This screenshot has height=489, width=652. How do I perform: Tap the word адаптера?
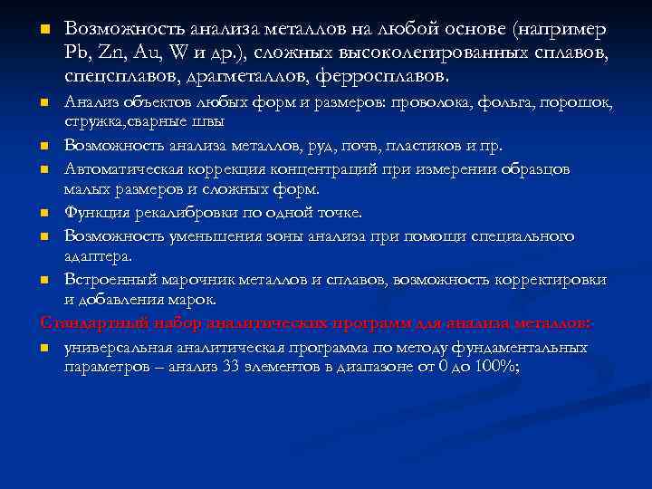97,257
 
